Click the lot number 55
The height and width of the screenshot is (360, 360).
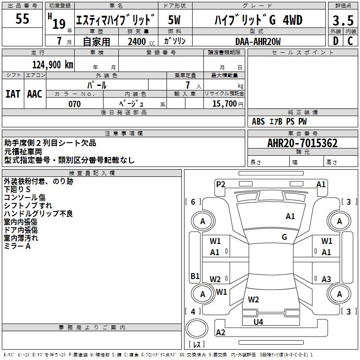point(22,18)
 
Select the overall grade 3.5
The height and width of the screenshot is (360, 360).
point(343,20)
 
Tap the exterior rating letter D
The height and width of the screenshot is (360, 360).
point(336,41)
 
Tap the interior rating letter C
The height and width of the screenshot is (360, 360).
point(350,41)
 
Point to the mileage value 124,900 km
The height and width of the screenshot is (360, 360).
point(53,65)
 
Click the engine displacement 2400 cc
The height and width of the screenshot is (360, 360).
point(141,41)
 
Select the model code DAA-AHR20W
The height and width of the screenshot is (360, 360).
point(258,41)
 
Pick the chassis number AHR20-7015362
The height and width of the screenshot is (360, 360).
point(302,143)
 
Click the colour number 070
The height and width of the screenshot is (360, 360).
point(75,104)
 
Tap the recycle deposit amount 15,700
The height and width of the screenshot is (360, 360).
point(225,103)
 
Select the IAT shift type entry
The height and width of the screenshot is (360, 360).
point(13,94)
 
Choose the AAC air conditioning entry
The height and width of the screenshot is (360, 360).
point(35,94)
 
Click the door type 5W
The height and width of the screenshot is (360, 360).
point(174,20)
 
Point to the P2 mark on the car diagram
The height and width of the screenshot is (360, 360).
point(220,184)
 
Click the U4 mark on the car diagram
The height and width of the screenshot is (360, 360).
point(258,322)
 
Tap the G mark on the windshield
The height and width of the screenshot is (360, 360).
point(284,237)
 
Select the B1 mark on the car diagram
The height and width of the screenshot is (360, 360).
point(195,276)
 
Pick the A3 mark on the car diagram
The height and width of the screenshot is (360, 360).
point(326,279)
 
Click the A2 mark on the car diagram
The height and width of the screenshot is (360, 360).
point(220,332)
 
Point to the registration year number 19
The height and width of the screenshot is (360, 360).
point(59,24)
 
